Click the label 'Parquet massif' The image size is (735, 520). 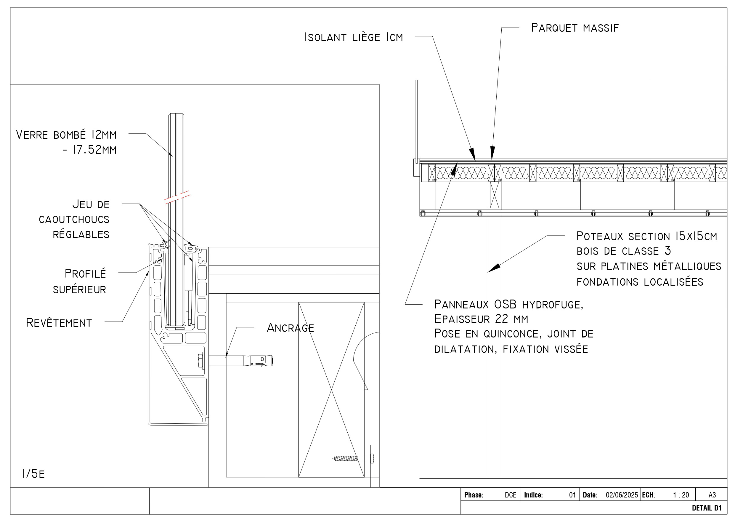[x=574, y=28]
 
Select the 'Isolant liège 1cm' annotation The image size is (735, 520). [x=353, y=37]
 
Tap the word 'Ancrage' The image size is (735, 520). [x=290, y=328]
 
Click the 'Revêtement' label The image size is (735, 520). [x=59, y=323]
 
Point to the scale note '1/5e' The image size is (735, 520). [x=33, y=473]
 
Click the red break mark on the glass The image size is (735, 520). [x=177, y=197]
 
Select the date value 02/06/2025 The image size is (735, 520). [x=622, y=495]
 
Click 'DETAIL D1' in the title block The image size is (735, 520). [x=707, y=508]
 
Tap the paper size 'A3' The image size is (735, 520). [x=712, y=495]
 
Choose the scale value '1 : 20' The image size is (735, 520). [x=681, y=495]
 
